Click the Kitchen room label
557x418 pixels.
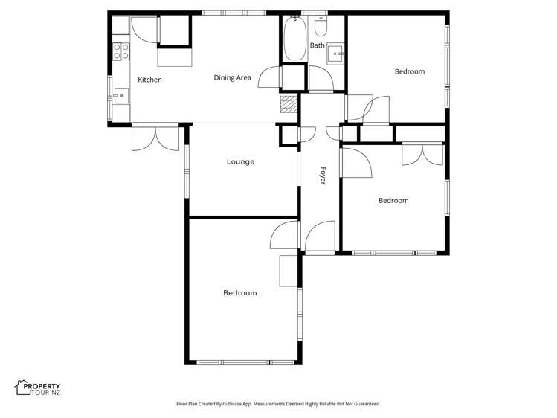pos(149,80)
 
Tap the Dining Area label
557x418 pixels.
pos(232,77)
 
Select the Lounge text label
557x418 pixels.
pos(240,161)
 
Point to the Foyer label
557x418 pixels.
pos(323,175)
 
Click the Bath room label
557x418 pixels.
pos(318,45)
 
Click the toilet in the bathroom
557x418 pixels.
pos(321,27)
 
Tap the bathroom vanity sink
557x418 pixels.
pos(337,54)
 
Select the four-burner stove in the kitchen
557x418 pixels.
pos(120,51)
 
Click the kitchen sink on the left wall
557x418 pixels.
pos(120,94)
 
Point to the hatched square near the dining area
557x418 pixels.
pos(288,103)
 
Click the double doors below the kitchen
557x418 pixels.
pos(155,138)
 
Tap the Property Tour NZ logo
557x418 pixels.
pos(38,388)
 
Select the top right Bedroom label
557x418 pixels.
pos(409,71)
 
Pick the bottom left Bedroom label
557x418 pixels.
pos(239,293)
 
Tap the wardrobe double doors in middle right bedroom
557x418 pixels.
pos(421,153)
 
